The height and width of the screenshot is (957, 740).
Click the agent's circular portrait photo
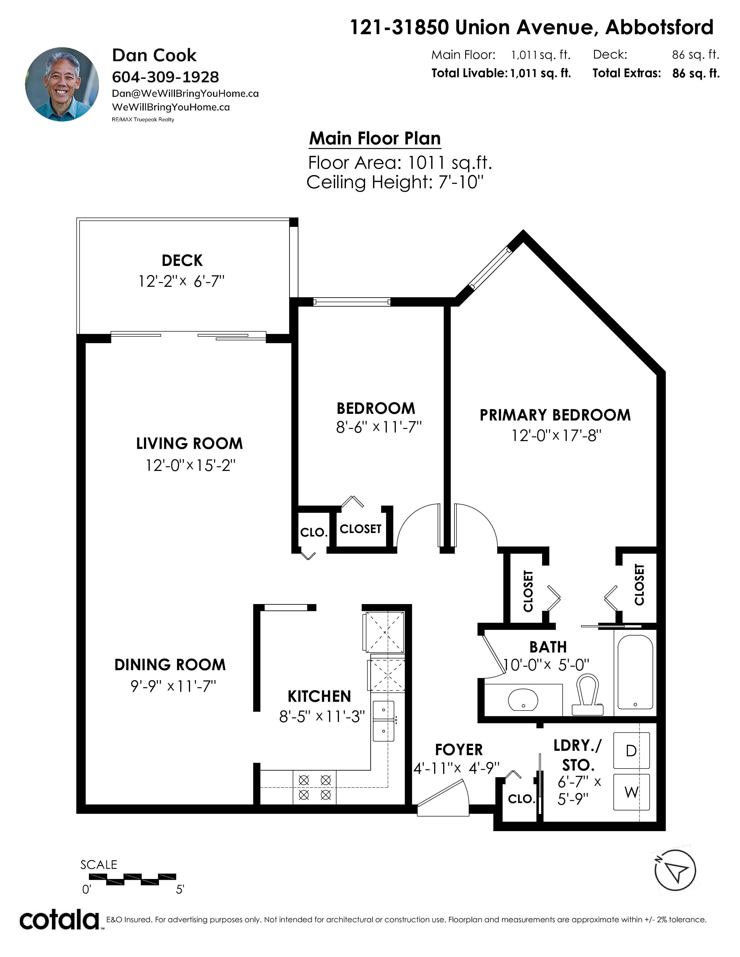point(62,84)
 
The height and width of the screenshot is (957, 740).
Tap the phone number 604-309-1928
point(165,77)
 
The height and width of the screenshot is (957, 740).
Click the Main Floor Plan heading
point(375,138)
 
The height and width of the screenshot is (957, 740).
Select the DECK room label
point(182,260)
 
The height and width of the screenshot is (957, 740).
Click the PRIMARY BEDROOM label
point(555,415)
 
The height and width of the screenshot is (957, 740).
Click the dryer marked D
point(631,751)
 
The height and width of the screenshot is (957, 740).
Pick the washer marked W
point(631,792)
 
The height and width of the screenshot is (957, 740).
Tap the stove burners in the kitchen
point(314,787)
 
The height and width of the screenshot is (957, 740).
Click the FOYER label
point(459,750)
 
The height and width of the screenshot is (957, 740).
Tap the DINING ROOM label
point(170,665)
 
